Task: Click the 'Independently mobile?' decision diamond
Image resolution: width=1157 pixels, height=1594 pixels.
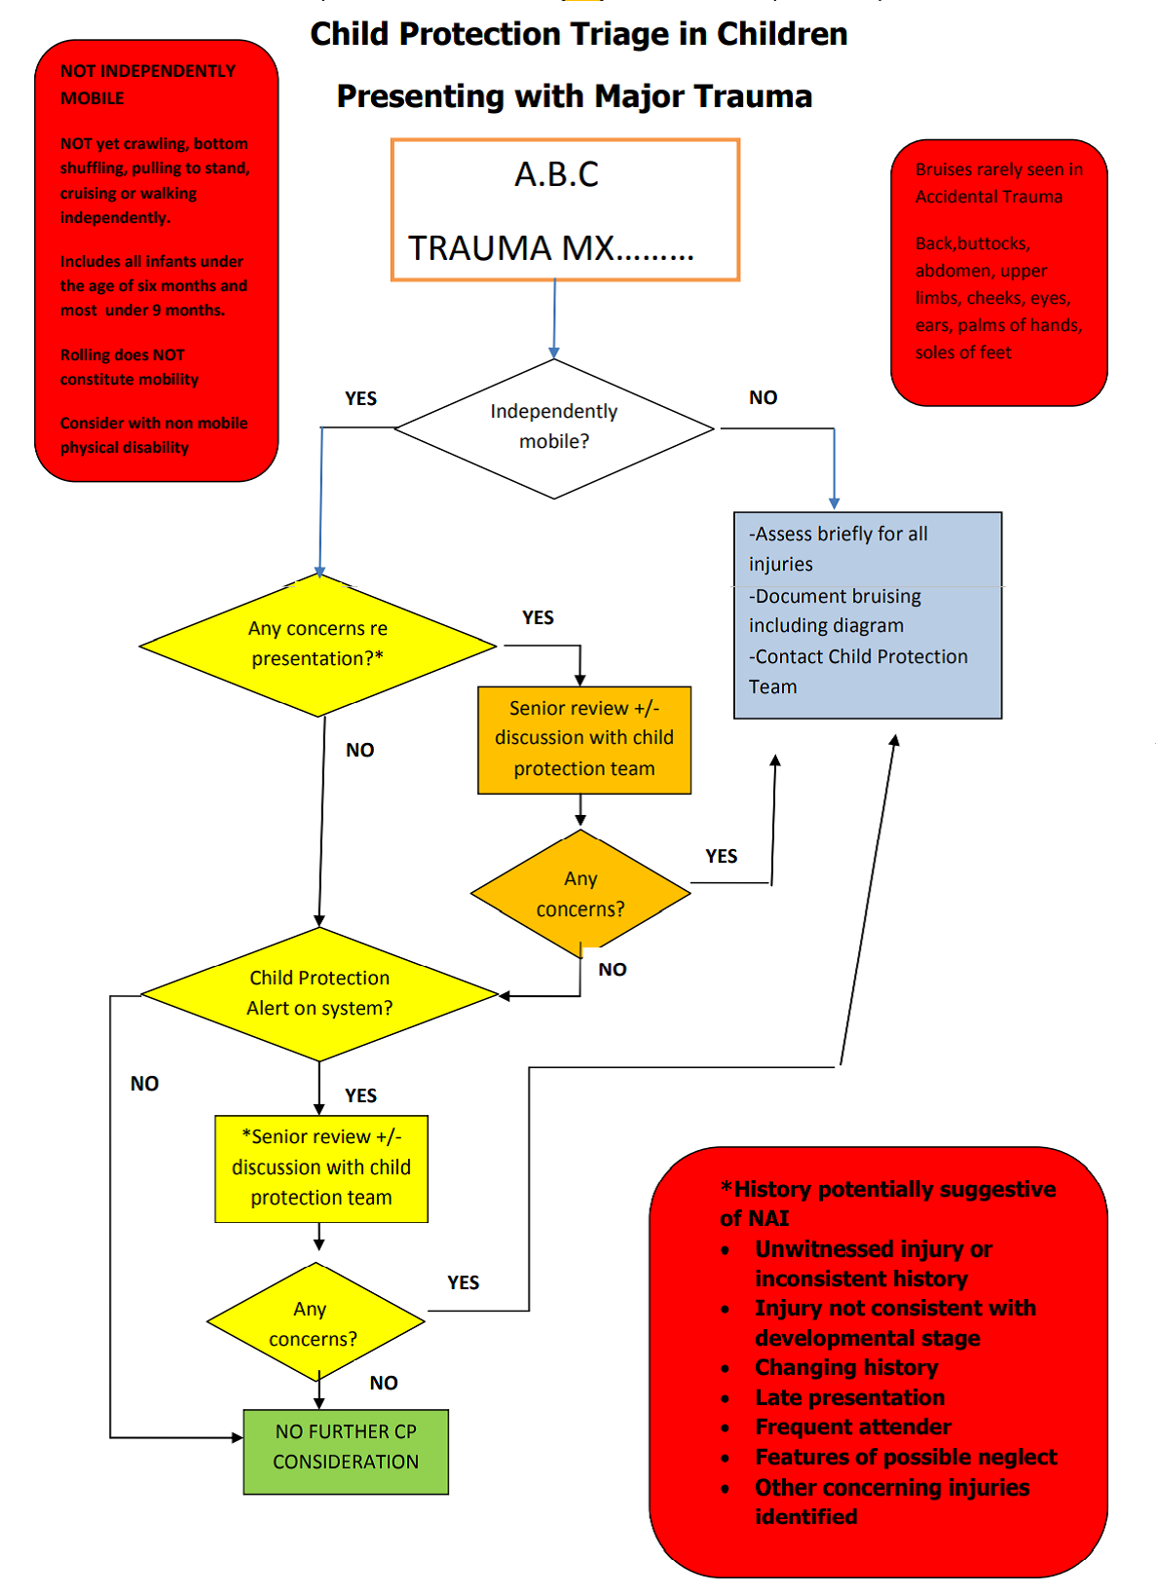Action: pos(553,427)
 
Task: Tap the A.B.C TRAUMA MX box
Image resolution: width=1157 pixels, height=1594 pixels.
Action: pos(565,210)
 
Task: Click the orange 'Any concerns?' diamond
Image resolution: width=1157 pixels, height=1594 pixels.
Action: pos(580,893)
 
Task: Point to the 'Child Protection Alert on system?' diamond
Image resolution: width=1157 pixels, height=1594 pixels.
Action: pos(319,993)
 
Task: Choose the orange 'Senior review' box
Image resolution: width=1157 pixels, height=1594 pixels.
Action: pos(584,739)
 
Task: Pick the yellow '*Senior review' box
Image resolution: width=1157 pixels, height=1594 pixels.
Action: pos(321,1168)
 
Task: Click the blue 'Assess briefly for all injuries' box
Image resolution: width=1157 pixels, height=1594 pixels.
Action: pos(867,614)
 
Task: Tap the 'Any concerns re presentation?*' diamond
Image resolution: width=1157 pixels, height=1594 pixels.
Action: pos(317,644)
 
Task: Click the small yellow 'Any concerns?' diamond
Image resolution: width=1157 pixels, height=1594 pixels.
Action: pos(314,1323)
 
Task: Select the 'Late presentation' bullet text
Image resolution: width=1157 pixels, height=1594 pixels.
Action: pos(849,1397)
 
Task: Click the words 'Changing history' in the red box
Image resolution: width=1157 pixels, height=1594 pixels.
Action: pos(846,1367)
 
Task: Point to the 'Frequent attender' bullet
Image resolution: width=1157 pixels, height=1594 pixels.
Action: pos(853,1427)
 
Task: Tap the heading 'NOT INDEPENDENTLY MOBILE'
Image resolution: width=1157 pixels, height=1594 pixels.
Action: pos(148,84)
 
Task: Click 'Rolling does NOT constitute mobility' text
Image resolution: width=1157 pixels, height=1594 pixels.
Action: pos(130,367)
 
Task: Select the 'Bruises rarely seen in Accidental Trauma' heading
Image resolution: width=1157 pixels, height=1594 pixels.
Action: pos(998,182)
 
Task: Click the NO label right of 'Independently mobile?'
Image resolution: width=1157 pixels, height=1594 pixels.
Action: pos(763,397)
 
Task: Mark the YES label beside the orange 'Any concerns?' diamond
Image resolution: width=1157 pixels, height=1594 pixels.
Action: pos(721,856)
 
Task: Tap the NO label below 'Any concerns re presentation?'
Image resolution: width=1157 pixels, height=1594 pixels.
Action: pos(359,750)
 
